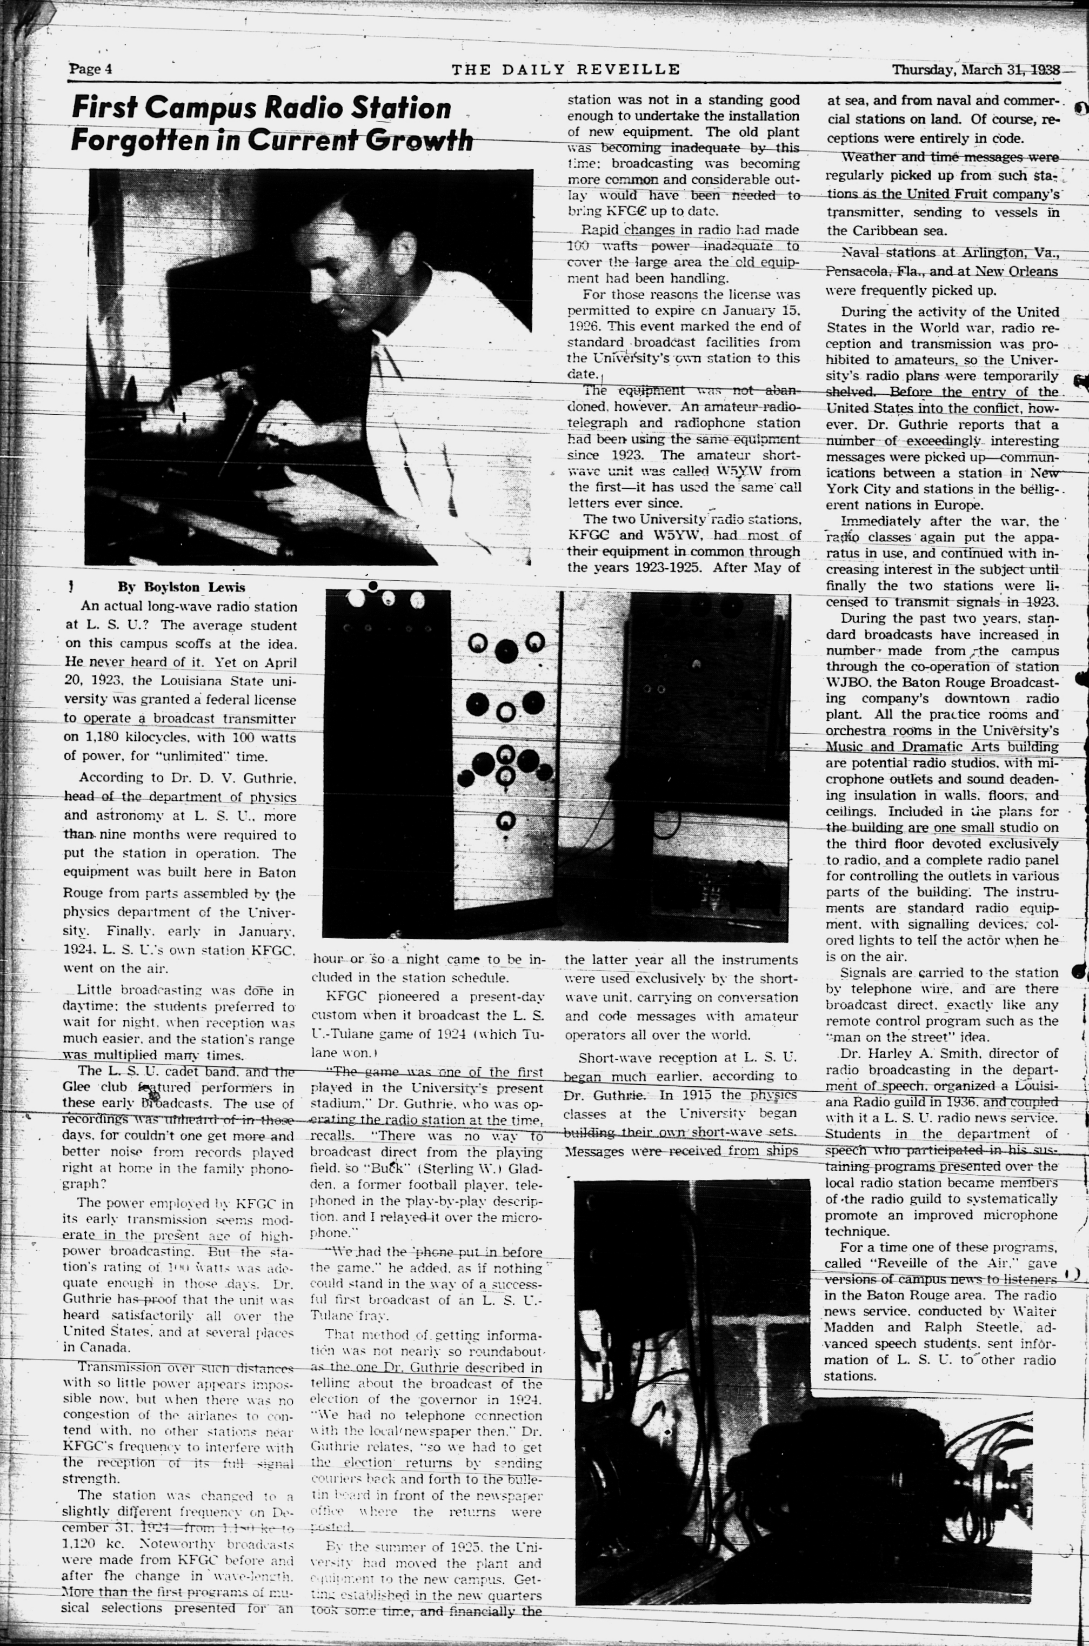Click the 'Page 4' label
click(x=90, y=69)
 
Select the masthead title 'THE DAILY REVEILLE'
click(x=566, y=69)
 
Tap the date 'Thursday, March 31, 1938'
click(x=975, y=69)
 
